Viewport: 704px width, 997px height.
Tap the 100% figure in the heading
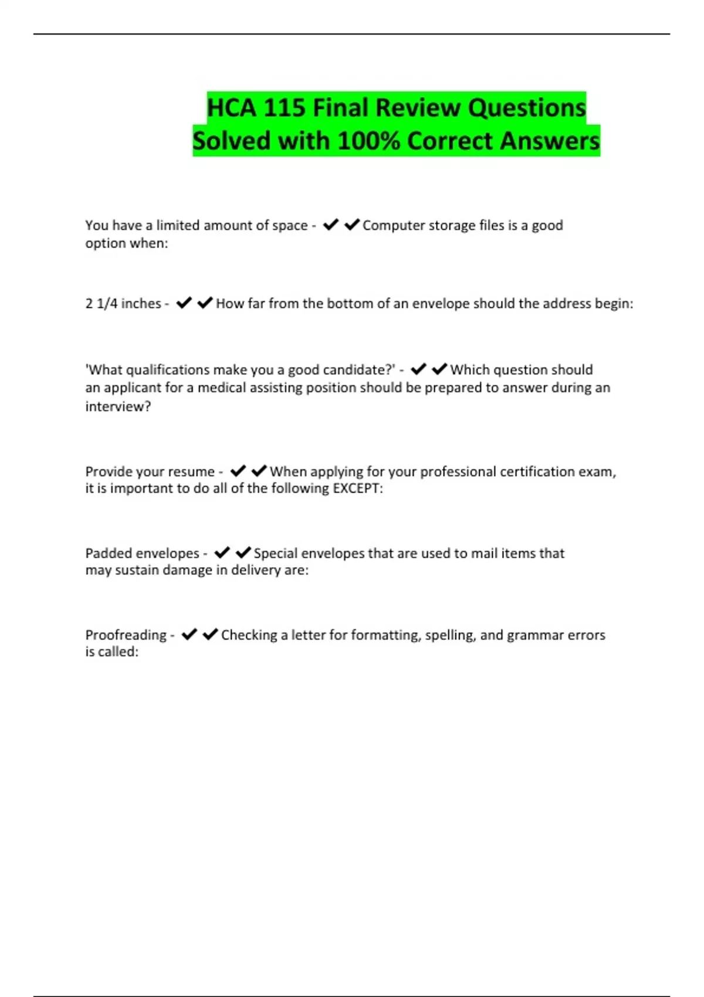(368, 141)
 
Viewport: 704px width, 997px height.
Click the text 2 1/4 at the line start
(101, 304)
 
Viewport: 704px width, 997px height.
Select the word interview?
(118, 406)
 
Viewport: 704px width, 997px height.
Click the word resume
(191, 472)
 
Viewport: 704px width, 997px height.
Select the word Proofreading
(126, 635)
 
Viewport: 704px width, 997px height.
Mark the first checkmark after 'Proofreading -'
(189, 635)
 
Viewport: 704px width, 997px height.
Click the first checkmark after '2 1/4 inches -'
(184, 303)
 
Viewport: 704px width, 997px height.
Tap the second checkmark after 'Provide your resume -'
(259, 471)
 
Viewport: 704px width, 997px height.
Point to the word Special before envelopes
(275, 554)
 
